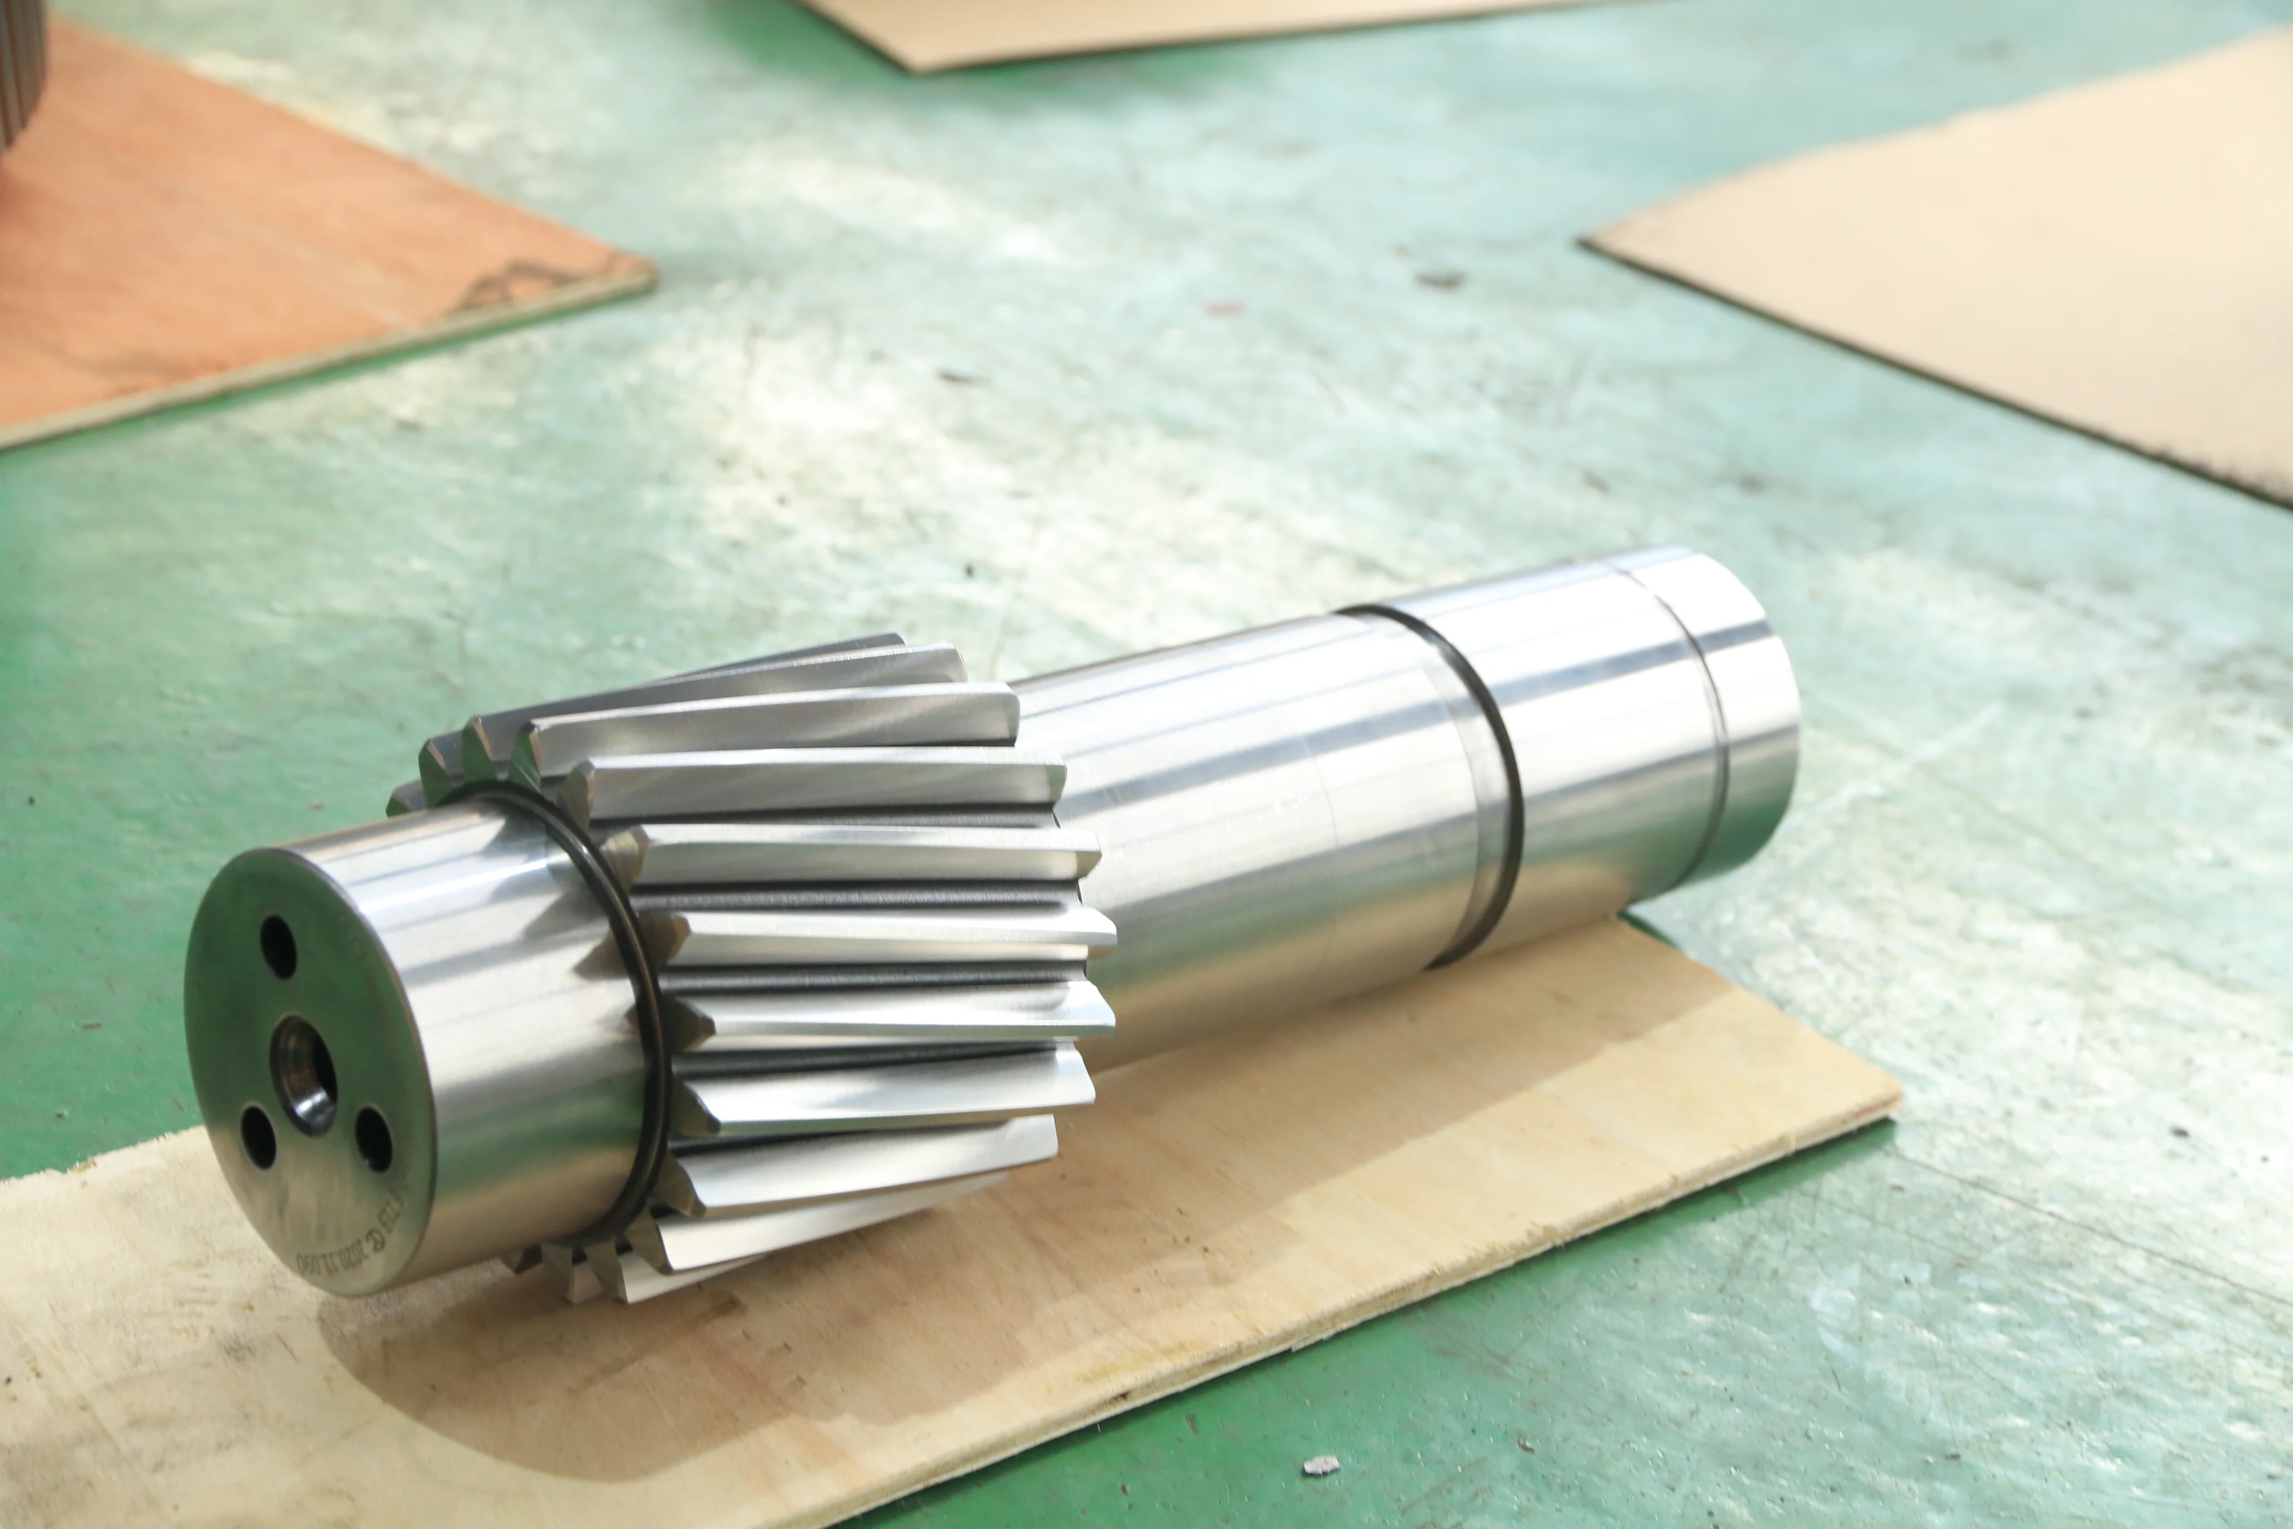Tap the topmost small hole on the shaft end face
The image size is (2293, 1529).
click(x=279, y=946)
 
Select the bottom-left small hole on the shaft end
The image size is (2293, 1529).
click(x=257, y=1136)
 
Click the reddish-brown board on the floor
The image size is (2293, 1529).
click(x=244, y=244)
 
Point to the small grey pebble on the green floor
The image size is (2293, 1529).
click(x=1321, y=1465)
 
